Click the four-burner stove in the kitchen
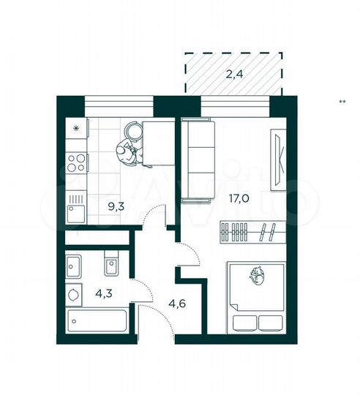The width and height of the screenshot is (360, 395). click(76, 160)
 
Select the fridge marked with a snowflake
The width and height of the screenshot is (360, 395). click(75, 129)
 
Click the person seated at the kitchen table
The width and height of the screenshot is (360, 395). click(127, 152)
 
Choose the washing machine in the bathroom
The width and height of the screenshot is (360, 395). click(75, 294)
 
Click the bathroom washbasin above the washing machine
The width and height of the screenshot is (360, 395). click(75, 265)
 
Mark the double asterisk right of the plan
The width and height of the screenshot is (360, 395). click(342, 102)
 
